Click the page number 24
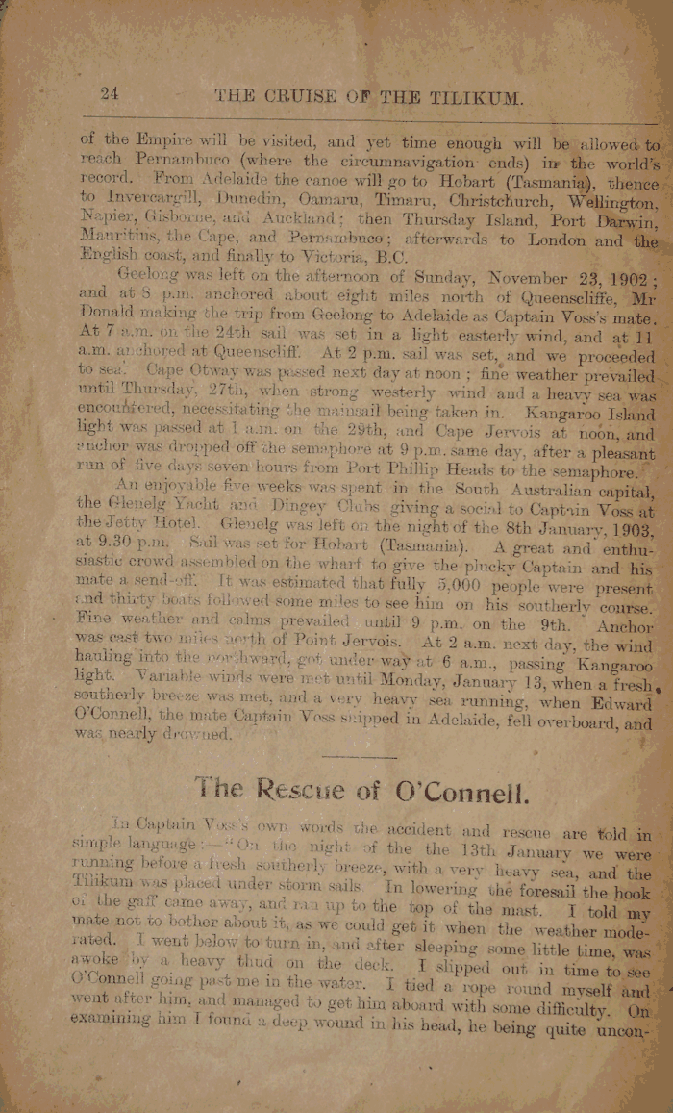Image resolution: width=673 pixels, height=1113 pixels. coord(108,93)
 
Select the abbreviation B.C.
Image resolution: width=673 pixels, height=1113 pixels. coord(386,258)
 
